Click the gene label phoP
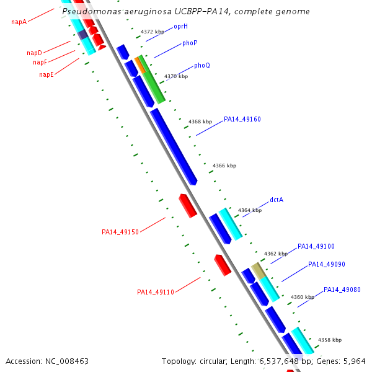click(x=190, y=43)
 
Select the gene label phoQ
click(x=202, y=65)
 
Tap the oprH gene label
click(x=180, y=27)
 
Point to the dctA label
click(x=277, y=200)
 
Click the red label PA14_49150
click(x=120, y=232)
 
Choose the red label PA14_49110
click(x=156, y=292)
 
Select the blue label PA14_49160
click(x=242, y=119)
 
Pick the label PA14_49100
click(x=316, y=246)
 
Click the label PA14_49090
click(x=327, y=264)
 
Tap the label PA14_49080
click(x=342, y=290)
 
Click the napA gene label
click(x=19, y=22)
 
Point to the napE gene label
click(x=46, y=74)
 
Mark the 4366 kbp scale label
click(x=224, y=166)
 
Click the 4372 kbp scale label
click(x=153, y=31)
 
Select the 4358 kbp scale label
click(x=330, y=340)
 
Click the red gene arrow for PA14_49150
click(x=188, y=205)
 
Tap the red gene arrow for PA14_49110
click(x=223, y=265)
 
